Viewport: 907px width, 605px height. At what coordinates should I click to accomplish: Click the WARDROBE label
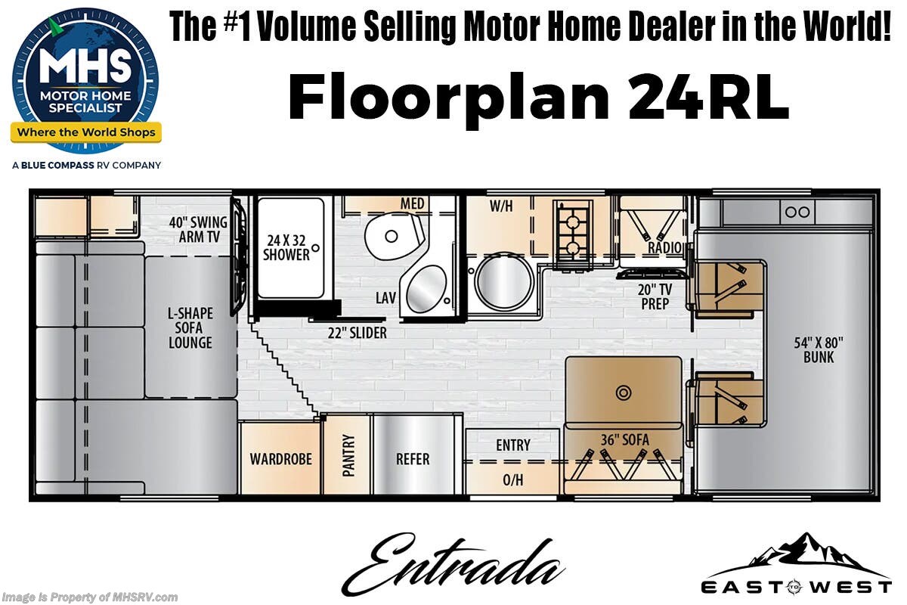click(280, 459)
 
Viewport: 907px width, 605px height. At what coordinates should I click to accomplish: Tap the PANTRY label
click(348, 455)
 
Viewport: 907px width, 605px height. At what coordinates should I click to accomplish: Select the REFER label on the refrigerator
click(413, 459)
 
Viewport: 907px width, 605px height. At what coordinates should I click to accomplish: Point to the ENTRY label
click(513, 445)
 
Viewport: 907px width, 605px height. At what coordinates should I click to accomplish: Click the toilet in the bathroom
click(394, 237)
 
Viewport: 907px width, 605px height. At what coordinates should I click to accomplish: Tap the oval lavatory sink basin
click(426, 288)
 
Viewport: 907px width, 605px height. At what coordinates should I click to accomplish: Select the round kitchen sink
click(504, 282)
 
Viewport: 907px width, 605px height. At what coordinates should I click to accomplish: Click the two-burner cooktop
click(573, 234)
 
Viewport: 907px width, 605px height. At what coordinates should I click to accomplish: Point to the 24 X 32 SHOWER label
click(286, 247)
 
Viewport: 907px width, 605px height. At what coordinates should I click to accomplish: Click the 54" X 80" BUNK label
click(819, 350)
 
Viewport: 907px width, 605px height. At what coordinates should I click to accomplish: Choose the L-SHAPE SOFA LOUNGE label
click(190, 327)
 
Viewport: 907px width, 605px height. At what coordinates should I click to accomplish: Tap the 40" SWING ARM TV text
click(198, 229)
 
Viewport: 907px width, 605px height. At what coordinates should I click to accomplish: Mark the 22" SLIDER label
click(357, 333)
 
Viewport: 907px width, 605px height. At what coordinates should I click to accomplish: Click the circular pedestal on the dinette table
click(624, 392)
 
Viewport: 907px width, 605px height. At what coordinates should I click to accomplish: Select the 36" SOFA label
click(624, 440)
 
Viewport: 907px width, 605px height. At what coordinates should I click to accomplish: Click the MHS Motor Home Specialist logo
click(86, 81)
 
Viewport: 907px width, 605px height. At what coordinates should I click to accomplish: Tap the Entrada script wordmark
click(453, 564)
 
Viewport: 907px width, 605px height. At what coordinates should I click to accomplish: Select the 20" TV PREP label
click(655, 296)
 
